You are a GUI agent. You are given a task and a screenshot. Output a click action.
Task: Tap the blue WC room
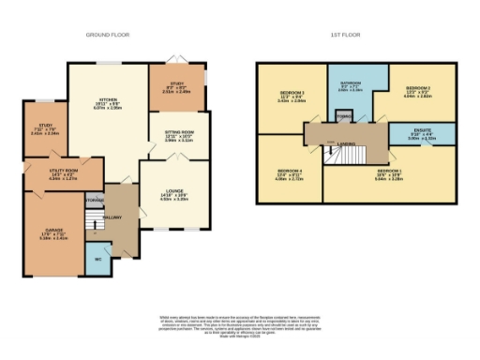98,257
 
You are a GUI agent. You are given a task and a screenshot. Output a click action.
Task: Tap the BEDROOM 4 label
287,172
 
